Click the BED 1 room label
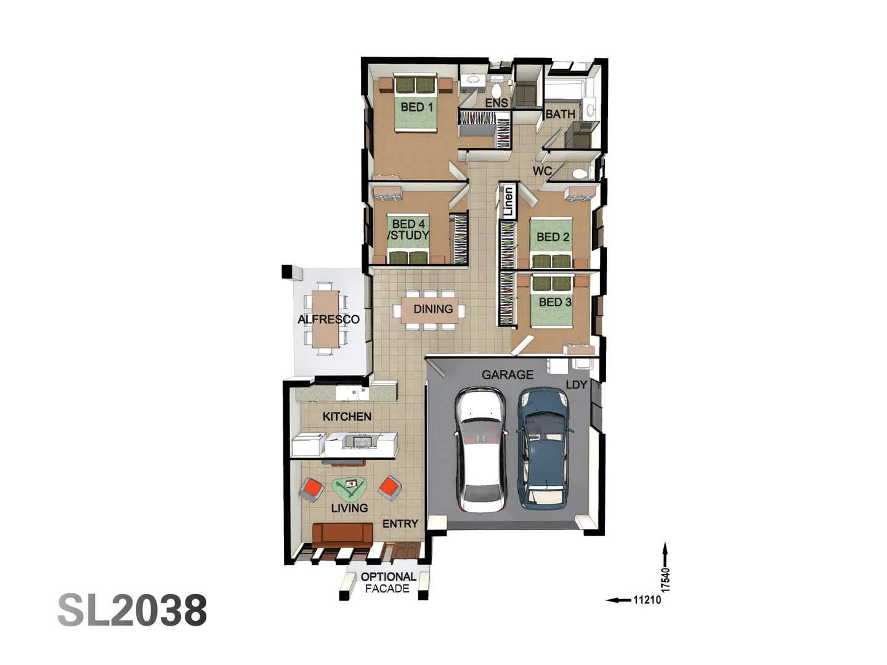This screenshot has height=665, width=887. [416, 107]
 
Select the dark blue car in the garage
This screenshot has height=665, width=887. [542, 448]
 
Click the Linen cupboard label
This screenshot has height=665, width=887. [508, 201]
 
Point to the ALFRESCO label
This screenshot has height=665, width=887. [328, 320]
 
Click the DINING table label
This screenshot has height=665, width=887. [432, 309]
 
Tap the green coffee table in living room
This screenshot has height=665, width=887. [349, 488]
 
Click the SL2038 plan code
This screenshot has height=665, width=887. [132, 610]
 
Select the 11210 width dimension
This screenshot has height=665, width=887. [647, 600]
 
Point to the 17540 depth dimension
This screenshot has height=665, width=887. [665, 579]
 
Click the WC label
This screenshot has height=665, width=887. [542, 171]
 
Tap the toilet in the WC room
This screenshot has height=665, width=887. [580, 174]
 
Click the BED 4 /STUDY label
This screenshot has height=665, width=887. [408, 230]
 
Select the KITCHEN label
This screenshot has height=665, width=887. [347, 417]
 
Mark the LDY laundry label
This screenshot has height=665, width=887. [576, 385]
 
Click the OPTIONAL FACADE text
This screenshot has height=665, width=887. [387, 582]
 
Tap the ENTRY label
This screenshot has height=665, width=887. [400, 524]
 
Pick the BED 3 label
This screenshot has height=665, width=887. [554, 302]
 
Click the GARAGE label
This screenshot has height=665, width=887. [508, 374]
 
